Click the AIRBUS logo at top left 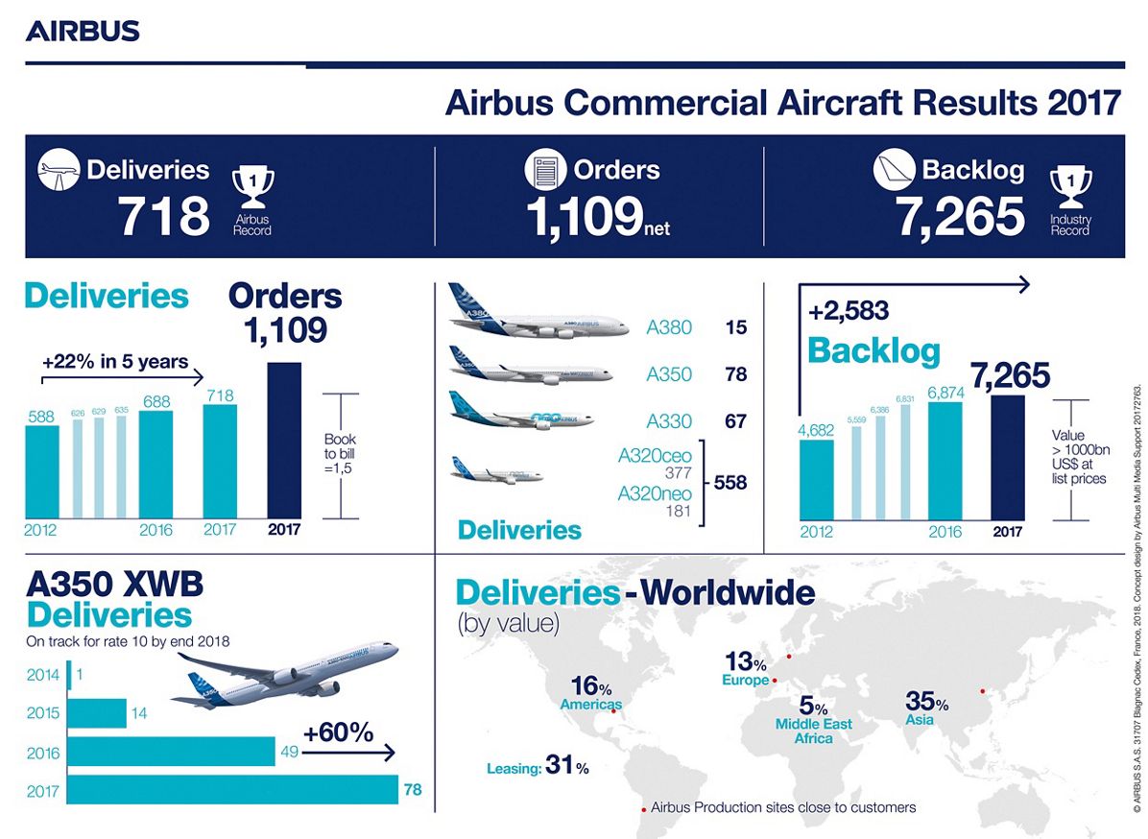(83, 31)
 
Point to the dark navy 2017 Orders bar (284, 441)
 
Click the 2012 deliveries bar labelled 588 (41, 470)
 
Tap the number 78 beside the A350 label (736, 374)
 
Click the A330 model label (669, 421)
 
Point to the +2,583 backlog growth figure (849, 311)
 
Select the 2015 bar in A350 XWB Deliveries (97, 714)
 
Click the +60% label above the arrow (338, 732)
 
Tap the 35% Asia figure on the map (926, 703)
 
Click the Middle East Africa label (813, 731)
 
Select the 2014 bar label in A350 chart (43, 675)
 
